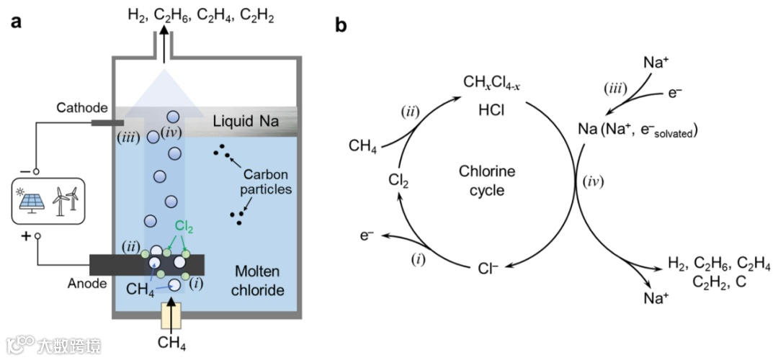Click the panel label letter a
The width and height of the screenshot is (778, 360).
click(16, 22)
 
